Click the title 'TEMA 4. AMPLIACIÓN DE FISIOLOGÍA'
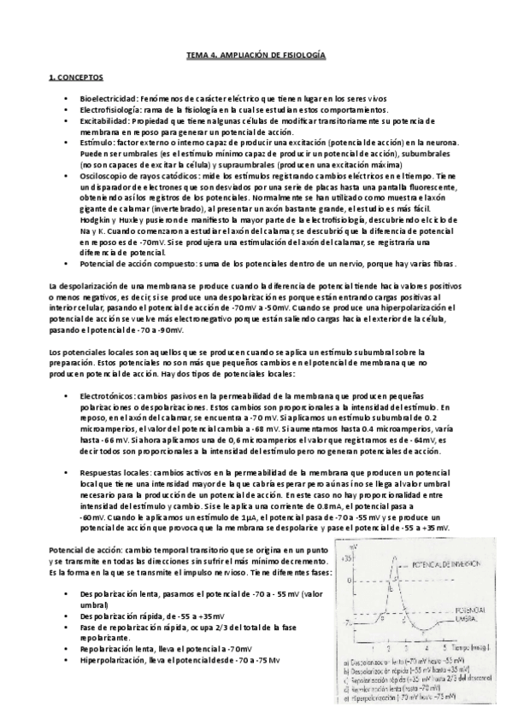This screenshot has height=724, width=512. click(x=256, y=55)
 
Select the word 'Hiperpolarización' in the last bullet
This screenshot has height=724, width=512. click(x=111, y=660)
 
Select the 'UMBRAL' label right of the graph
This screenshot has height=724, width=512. click(x=462, y=621)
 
